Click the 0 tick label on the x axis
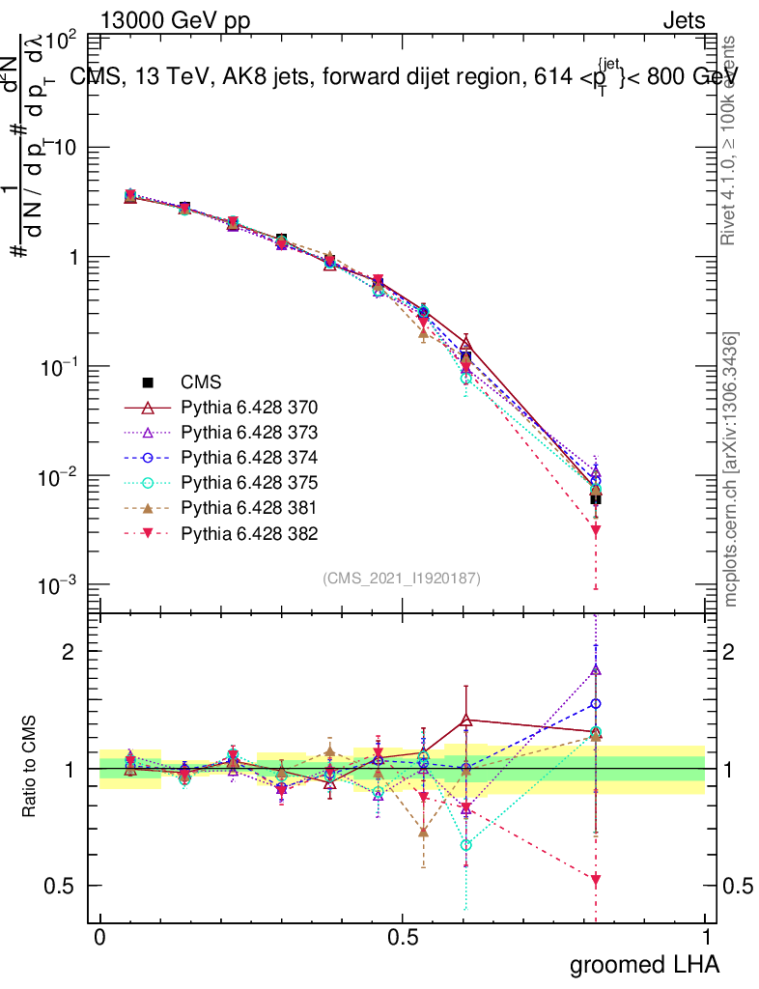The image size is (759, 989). (x=100, y=938)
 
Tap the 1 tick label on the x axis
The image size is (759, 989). (x=706, y=938)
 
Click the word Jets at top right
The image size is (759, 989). (x=684, y=20)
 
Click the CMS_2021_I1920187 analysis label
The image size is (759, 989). (x=402, y=578)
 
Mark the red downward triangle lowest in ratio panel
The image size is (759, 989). (x=596, y=880)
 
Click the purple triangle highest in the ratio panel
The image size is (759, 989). (x=596, y=669)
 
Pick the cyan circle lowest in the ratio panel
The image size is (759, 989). (x=466, y=845)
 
